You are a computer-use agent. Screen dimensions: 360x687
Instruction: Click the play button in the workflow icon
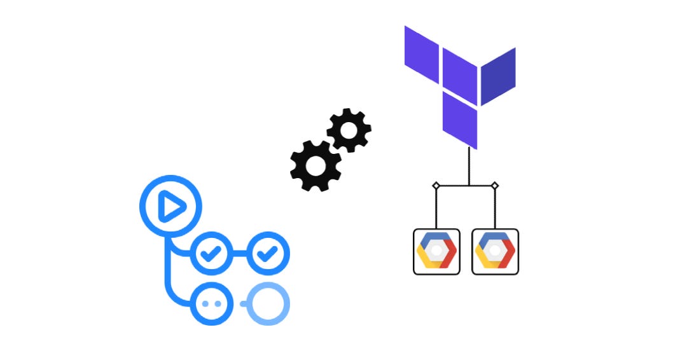170,207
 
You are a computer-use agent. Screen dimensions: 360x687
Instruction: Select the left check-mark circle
209,255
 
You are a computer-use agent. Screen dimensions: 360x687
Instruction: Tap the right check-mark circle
267,255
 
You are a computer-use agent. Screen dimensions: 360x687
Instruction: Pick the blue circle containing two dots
209,304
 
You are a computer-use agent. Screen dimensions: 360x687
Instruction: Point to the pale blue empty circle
268,304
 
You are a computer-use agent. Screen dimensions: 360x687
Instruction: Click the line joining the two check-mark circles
239,255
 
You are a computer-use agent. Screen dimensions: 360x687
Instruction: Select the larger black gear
315,165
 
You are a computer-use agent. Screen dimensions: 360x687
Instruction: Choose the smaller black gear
349,130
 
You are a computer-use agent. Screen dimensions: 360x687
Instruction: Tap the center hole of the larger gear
315,165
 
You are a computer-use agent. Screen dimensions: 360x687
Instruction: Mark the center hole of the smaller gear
349,130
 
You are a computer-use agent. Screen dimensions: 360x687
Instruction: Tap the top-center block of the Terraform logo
460,74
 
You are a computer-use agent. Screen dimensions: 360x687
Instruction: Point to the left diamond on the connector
436,186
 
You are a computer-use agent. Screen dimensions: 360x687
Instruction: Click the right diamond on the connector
495,186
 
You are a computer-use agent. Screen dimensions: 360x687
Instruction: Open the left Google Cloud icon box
436,251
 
